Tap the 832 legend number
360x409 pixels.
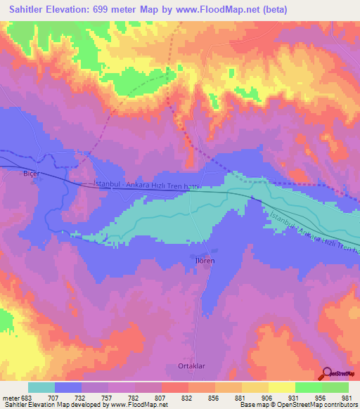click(x=188, y=397)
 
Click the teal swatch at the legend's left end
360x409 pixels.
click(x=41, y=387)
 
